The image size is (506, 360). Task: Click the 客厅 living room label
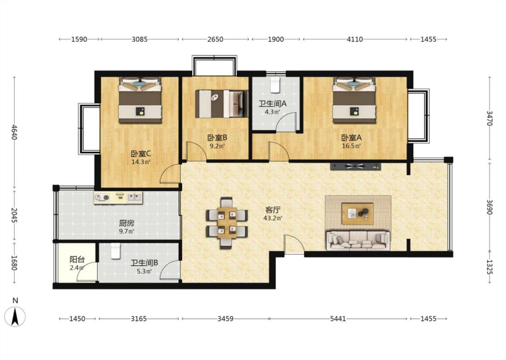(x=273, y=210)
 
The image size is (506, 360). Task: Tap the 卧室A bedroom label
(x=351, y=138)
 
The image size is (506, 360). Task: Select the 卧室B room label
(x=217, y=138)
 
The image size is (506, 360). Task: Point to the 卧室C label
(x=141, y=154)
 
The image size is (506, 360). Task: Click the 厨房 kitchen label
(x=126, y=223)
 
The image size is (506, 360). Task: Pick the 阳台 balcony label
(x=77, y=259)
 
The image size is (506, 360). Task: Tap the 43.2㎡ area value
(x=273, y=218)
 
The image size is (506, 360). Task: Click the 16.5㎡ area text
(x=351, y=146)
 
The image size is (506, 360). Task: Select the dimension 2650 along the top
(x=215, y=40)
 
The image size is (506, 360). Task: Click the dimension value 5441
(x=338, y=319)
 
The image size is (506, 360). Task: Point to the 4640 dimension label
(x=14, y=132)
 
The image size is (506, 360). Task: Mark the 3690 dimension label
(x=489, y=207)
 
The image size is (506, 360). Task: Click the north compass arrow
(x=15, y=316)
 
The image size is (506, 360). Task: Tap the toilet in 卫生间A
(x=275, y=85)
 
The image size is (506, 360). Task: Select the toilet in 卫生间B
(x=116, y=251)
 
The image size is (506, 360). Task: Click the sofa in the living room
(x=358, y=240)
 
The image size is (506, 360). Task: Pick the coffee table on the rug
(x=358, y=214)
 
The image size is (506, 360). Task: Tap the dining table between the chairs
(x=227, y=223)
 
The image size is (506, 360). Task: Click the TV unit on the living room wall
(x=356, y=166)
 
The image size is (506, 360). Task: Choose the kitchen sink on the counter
(x=134, y=197)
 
